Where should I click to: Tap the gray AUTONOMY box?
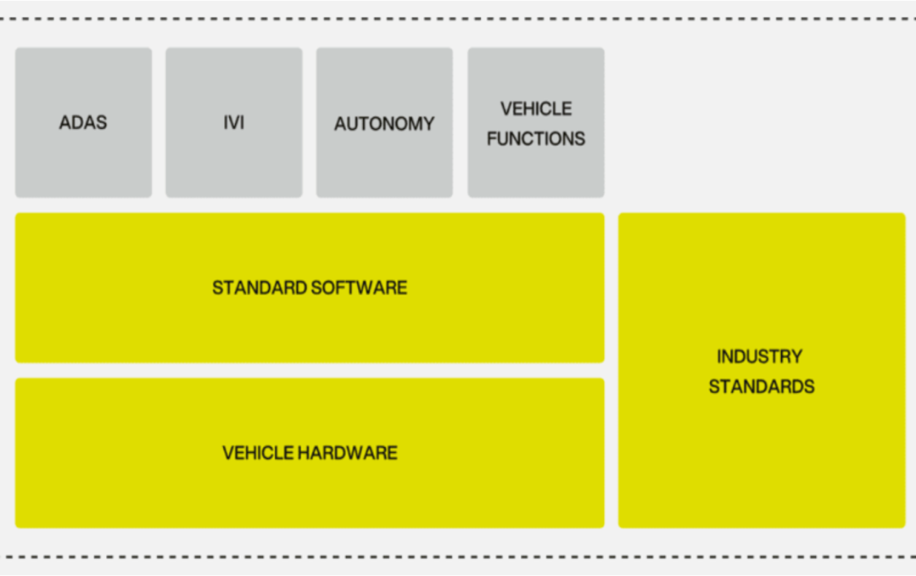click(384, 161)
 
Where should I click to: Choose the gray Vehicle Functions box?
click(536, 170)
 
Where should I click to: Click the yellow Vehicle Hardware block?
click(310, 492)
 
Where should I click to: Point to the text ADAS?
click(83, 123)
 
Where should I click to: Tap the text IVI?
click(233, 123)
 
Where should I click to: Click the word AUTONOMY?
click(384, 124)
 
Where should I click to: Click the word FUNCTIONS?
click(536, 138)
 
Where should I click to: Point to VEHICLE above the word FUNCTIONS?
click(536, 109)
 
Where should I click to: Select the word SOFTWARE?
click(359, 288)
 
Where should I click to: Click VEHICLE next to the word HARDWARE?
click(258, 453)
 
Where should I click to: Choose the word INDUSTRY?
click(760, 356)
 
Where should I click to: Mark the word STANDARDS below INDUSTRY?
click(762, 387)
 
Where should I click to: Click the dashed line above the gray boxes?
click(458, 18)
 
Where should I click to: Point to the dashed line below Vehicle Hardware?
click(458, 557)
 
